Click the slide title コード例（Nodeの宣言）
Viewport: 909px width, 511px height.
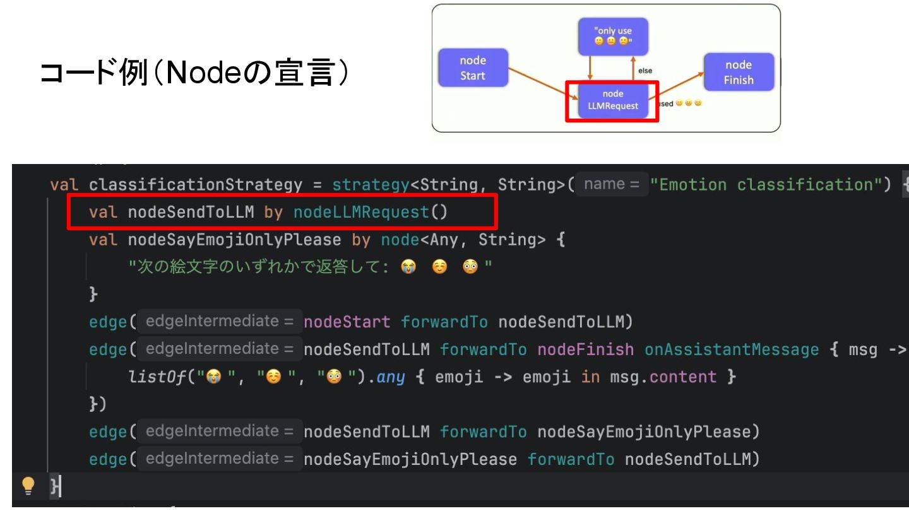(194, 74)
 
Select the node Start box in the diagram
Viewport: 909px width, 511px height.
(473, 68)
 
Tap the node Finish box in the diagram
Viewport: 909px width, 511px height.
(739, 73)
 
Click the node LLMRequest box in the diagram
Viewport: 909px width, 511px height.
(612, 100)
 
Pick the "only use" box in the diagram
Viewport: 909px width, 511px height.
(614, 36)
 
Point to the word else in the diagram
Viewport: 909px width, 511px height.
(645, 71)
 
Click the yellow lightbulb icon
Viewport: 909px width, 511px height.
(28, 485)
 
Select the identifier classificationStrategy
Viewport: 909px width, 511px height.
(196, 185)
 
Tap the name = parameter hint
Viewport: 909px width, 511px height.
(612, 184)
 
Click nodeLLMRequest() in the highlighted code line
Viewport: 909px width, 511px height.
(370, 212)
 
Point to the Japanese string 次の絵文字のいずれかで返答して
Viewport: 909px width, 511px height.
(258, 267)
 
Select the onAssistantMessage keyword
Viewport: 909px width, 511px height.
(731, 349)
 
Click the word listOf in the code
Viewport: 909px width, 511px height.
(157, 377)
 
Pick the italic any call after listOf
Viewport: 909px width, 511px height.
(390, 377)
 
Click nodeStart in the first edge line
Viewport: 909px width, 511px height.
(347, 322)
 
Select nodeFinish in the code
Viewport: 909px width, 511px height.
(585, 349)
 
